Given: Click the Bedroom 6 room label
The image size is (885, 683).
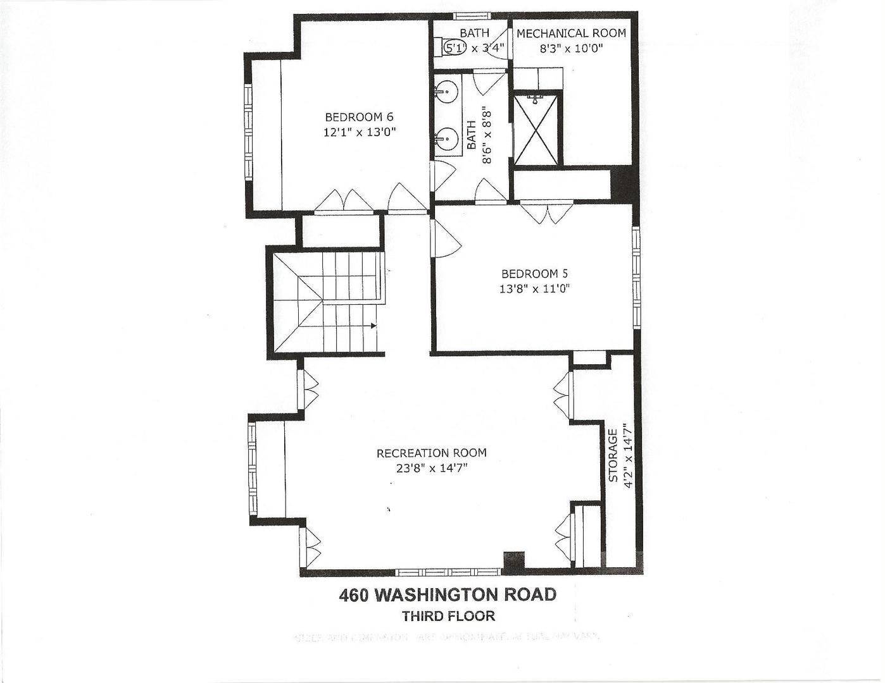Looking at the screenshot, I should coord(359,117).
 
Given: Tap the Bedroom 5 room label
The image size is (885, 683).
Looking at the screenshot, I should coord(534,274).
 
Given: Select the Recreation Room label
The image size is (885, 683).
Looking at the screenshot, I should coord(431,453).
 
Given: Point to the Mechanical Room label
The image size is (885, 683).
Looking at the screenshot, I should coord(571,34).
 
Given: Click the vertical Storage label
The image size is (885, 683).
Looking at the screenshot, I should coord(613,455).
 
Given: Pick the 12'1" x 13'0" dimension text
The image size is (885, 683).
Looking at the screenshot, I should coord(360,132).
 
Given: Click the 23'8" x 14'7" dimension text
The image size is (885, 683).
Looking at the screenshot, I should coord(431,468).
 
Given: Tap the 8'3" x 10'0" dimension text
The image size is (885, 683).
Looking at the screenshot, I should coord(571,47).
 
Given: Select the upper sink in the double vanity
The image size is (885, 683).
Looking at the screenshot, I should coord(447,93).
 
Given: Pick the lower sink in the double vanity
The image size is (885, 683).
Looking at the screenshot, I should coord(447,137).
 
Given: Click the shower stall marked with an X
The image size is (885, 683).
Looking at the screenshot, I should coord(536,129).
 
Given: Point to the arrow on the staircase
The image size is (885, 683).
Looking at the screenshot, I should coord(373,326).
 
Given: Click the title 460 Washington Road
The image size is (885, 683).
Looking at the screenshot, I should coord(448,595).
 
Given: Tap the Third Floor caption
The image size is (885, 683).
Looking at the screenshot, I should coord(448,616).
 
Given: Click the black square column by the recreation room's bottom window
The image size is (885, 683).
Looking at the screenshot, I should coord(513,561).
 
